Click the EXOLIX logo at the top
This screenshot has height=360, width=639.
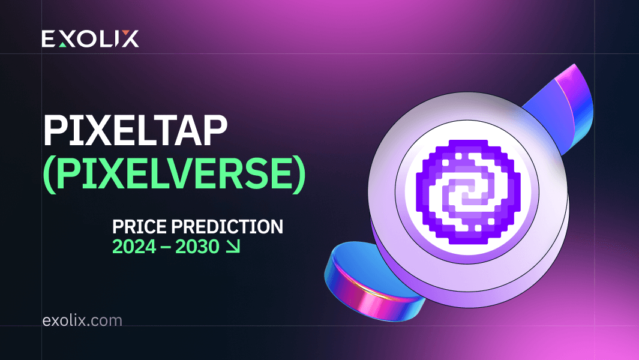point(90,39)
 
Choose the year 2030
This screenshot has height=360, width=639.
point(196,247)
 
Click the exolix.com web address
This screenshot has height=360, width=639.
point(82,320)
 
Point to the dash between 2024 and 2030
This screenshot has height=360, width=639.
point(164,247)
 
